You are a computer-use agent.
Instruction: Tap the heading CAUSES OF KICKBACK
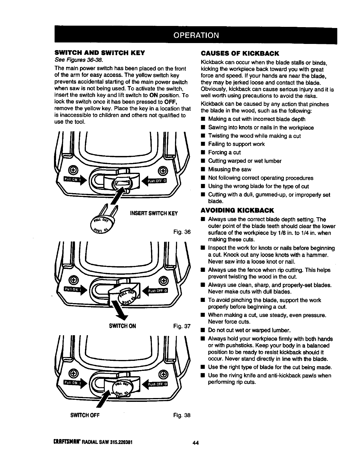(x=240, y=53)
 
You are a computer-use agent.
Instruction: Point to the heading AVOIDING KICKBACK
(x=237, y=210)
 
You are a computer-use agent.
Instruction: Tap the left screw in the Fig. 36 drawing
(x=73, y=170)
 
